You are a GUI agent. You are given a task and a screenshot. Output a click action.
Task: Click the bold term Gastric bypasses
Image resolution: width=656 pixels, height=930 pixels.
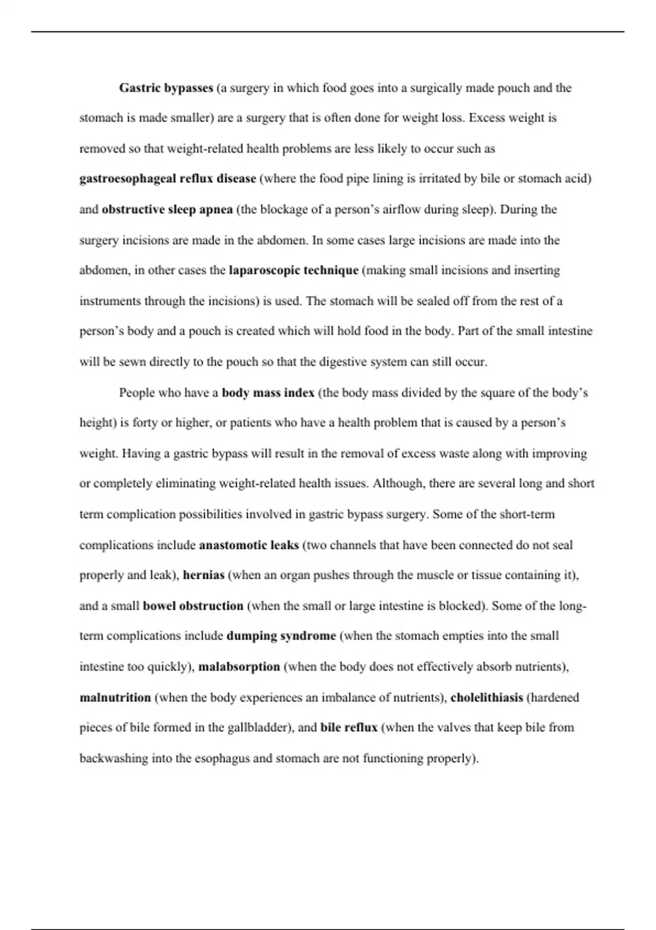tap(166, 88)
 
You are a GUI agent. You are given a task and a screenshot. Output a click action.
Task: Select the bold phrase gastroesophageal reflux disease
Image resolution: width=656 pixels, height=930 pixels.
tap(168, 179)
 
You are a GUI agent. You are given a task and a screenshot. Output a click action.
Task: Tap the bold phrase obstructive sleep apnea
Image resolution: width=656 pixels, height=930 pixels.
tap(167, 210)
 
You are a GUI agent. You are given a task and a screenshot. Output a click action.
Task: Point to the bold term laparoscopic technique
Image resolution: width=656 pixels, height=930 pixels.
tap(294, 270)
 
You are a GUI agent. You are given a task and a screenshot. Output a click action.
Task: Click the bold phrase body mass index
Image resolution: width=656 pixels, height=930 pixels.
tap(268, 393)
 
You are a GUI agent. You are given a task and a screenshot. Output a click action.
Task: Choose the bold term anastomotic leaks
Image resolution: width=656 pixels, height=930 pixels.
tap(249, 545)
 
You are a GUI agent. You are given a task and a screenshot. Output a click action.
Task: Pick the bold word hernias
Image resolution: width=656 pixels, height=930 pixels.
tap(203, 575)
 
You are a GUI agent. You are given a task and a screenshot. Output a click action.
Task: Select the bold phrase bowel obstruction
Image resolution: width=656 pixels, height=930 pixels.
tap(193, 606)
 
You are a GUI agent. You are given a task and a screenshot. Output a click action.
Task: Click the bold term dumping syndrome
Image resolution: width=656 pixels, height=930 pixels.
tap(281, 636)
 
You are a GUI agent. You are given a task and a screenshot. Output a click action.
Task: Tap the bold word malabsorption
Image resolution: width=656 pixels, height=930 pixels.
tap(239, 667)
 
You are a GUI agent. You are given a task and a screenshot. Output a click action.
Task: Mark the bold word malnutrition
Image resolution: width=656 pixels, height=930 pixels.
tap(115, 698)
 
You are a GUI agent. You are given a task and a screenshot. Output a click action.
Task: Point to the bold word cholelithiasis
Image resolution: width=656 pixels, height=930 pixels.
tap(487, 698)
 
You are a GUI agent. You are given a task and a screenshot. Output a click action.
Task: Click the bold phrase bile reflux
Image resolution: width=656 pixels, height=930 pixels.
tap(349, 728)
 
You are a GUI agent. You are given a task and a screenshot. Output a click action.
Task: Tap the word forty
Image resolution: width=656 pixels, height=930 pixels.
tap(145, 423)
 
